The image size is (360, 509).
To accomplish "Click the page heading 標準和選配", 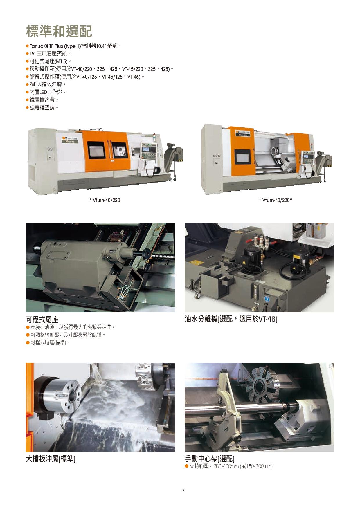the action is click(59, 31).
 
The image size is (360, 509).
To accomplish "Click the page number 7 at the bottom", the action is click(183, 490).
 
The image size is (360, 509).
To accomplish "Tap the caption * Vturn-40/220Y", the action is click(275, 200).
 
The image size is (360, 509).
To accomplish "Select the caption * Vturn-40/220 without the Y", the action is click(105, 200).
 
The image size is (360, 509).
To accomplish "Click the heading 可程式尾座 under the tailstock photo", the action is click(42, 320).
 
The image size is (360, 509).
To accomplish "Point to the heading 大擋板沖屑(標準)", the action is click(51, 459).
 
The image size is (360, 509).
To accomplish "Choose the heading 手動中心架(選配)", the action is click(210, 459).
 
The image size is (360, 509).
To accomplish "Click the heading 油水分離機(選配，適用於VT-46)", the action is click(231, 319).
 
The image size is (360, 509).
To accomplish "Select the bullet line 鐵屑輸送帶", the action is click(42, 100).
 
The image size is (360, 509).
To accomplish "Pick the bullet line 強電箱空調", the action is click(42, 107).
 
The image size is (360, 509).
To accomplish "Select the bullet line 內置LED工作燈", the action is click(46, 92).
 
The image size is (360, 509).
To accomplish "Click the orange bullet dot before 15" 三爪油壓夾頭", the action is click(27, 54).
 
